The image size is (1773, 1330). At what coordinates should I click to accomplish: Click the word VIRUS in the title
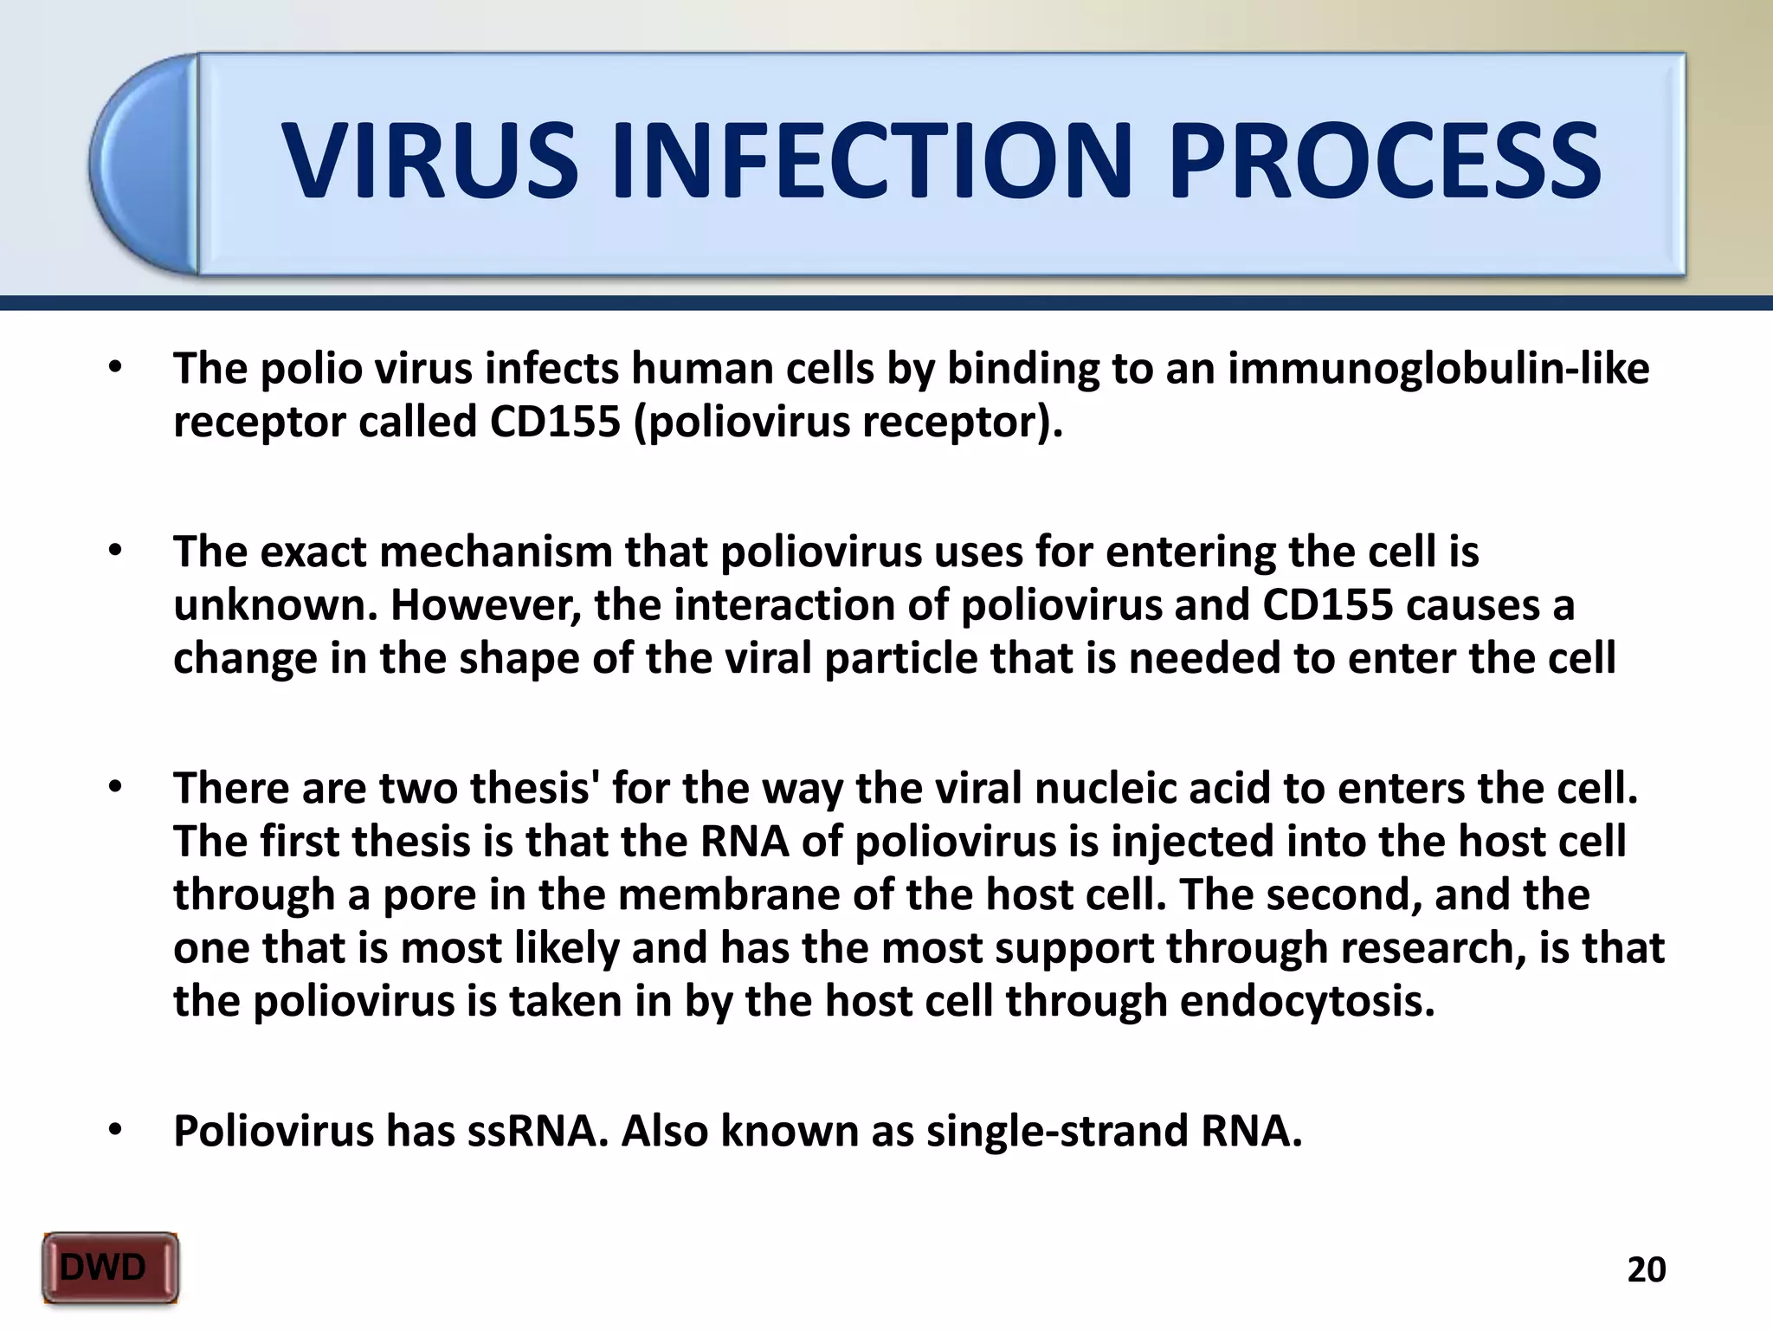click(x=430, y=162)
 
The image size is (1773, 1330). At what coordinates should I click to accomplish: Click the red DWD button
click(x=110, y=1268)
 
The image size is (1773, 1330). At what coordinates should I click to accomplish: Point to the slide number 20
click(x=1647, y=1269)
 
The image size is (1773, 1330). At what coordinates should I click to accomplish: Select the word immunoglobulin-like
click(x=1439, y=368)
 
